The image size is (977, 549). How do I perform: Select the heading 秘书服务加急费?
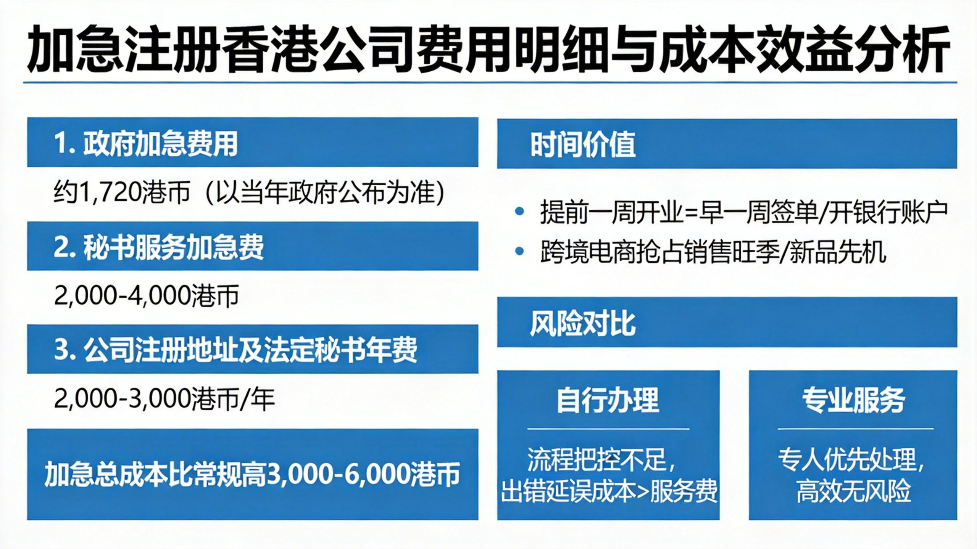[173, 247]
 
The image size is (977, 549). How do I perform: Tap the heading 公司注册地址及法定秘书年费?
[250, 350]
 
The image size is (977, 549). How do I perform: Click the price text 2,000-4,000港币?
[147, 295]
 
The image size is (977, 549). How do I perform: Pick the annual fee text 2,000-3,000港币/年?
[164, 399]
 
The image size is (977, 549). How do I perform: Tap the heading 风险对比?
[583, 324]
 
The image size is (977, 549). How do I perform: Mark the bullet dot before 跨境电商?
[519, 250]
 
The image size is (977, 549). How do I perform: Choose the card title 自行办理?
[608, 400]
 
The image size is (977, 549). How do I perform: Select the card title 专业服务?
[853, 400]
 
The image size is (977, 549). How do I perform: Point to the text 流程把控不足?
[597, 460]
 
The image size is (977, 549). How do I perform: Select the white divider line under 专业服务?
[856, 429]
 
